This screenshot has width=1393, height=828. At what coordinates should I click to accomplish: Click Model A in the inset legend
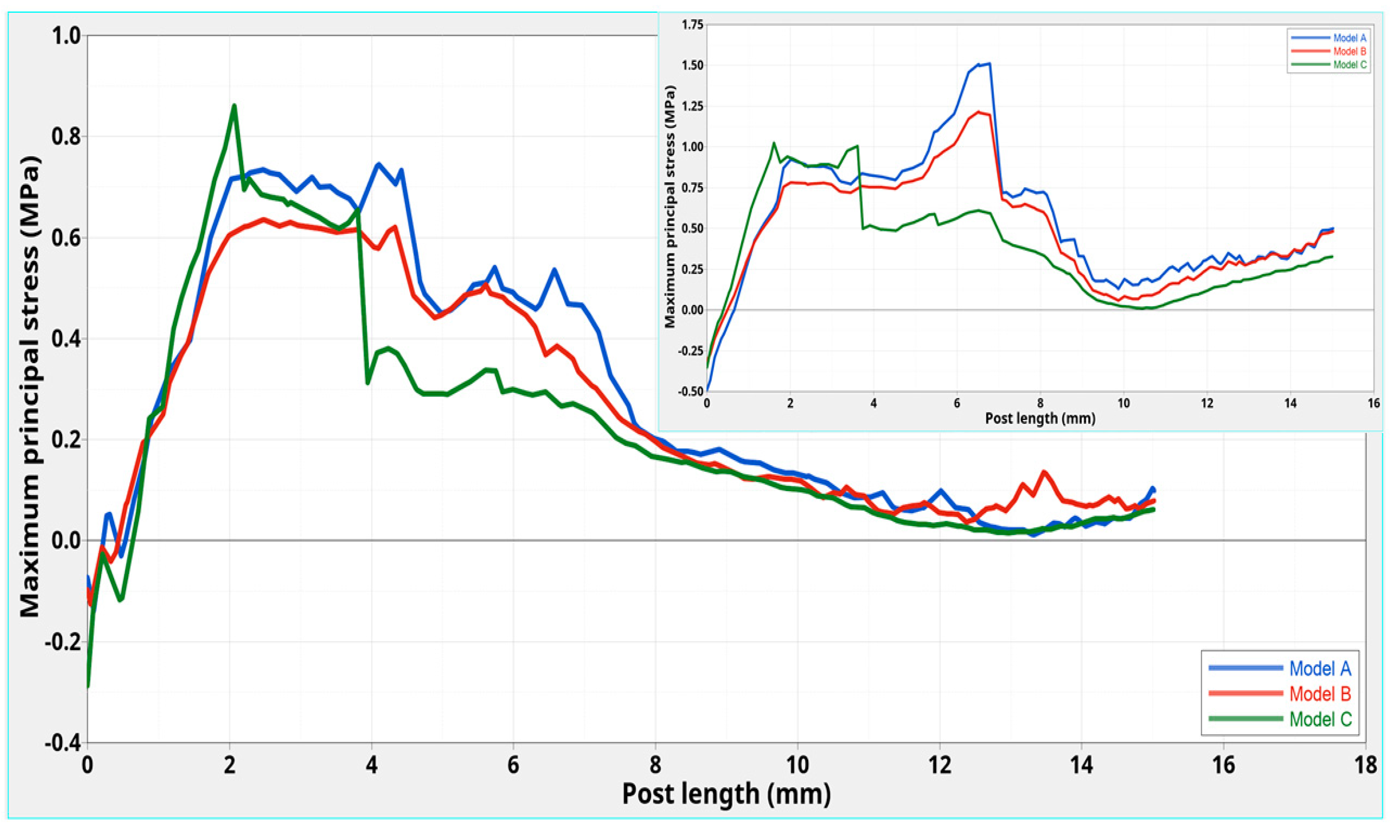tap(1350, 38)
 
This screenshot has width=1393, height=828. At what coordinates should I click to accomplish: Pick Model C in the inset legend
tap(1350, 65)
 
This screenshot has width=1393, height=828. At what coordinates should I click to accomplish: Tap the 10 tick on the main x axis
tap(797, 764)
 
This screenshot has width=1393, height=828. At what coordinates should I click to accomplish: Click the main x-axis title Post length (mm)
tap(726, 795)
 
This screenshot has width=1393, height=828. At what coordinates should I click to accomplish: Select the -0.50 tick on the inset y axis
tap(690, 391)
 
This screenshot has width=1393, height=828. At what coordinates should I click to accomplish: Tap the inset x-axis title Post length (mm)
tap(1040, 418)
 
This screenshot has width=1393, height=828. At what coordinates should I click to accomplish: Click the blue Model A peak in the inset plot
tap(989, 64)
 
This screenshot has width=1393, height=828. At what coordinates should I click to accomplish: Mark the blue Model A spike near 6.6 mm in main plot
tap(554, 270)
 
